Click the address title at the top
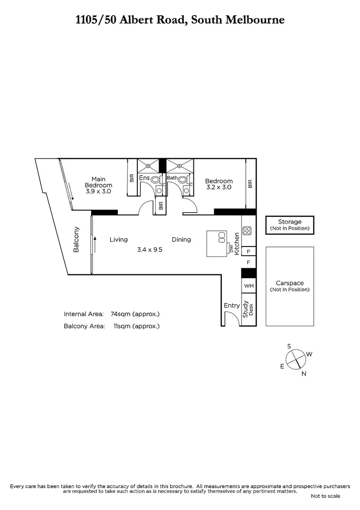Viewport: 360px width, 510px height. coord(180,20)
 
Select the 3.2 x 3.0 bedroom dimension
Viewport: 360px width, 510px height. coord(218,187)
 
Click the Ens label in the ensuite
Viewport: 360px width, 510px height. coord(144,178)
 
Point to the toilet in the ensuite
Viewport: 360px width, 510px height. coord(159,188)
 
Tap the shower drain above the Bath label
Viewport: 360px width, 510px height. coord(180,166)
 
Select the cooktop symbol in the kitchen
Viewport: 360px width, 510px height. coord(247,231)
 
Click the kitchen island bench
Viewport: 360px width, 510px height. coord(217,243)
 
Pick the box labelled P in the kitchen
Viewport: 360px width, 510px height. coord(248,251)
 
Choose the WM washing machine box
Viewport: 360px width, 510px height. coord(248,286)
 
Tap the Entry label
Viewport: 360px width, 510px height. coord(232,306)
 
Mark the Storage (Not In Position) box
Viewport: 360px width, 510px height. coord(289,225)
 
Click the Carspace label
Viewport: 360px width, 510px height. coord(289,283)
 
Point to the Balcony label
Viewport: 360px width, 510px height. coord(76,240)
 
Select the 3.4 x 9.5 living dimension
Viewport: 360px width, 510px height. coord(150,250)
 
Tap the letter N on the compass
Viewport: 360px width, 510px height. coord(304,374)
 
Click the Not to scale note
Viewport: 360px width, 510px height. coord(325,496)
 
